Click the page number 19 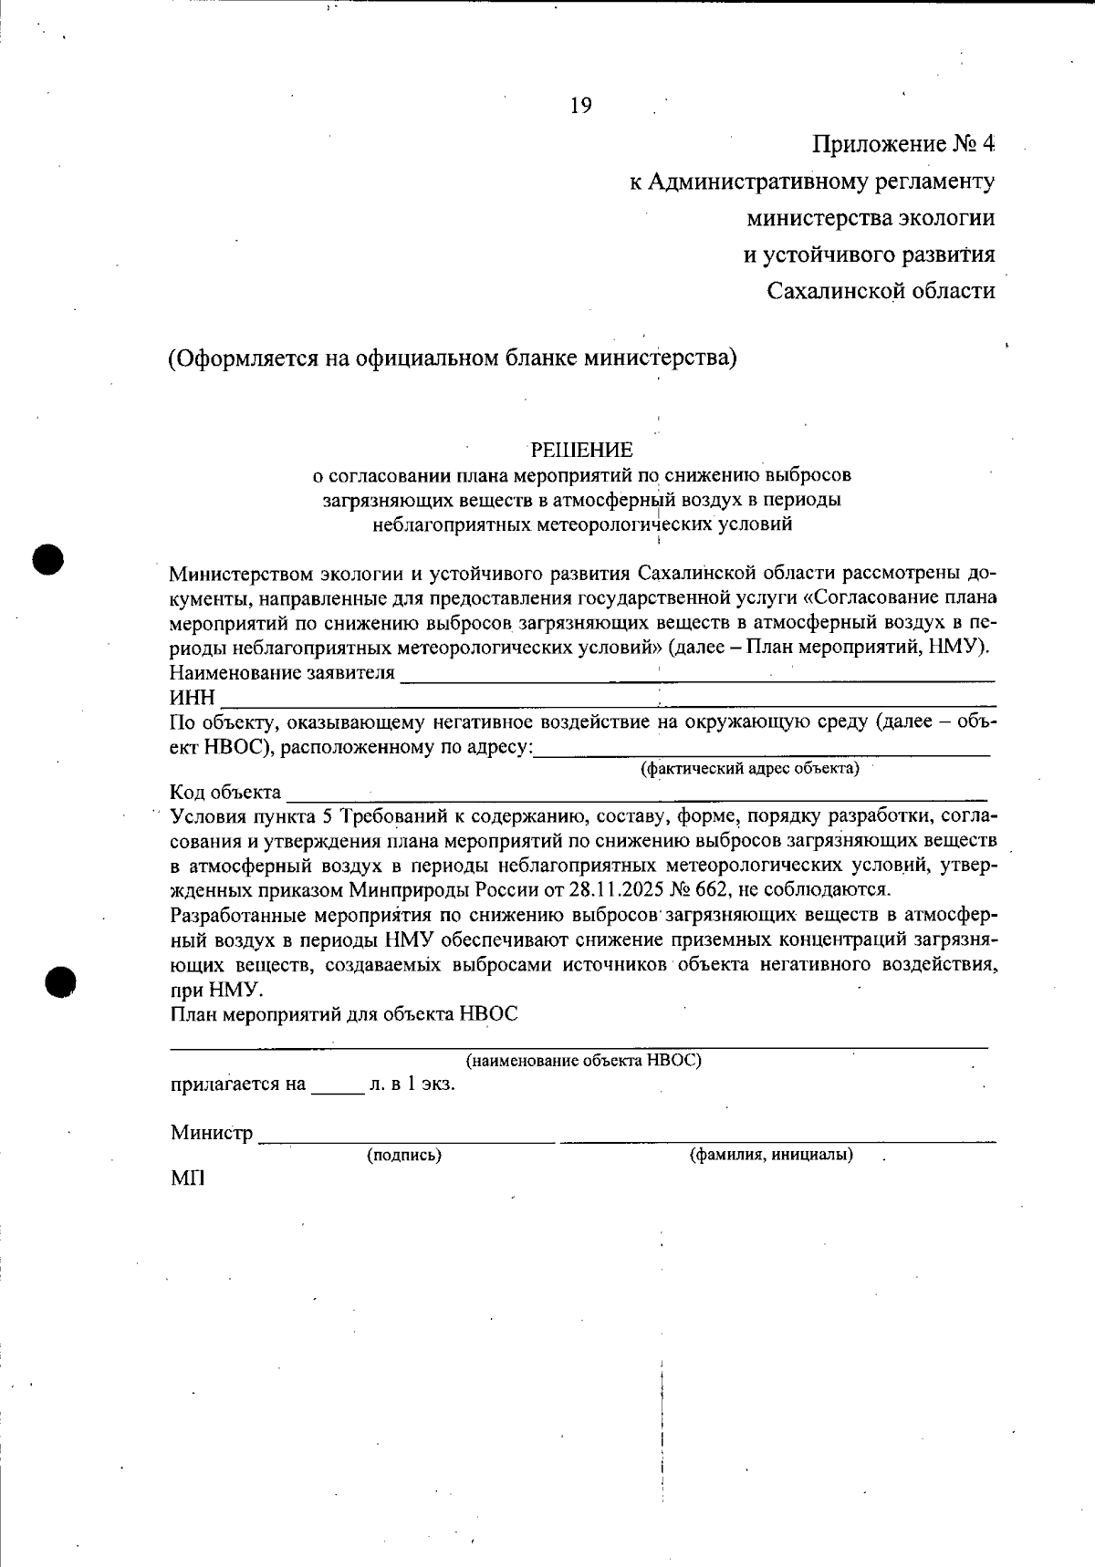tap(581, 106)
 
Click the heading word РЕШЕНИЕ tap(581, 450)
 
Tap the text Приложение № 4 tap(902, 144)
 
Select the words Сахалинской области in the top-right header tap(881, 291)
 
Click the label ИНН tap(192, 699)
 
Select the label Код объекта tap(225, 792)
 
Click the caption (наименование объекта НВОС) tap(584, 1061)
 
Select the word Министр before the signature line tap(211, 1133)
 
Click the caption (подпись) tap(404, 1155)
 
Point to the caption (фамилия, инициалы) tap(771, 1155)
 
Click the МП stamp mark tap(187, 1178)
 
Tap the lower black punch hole tap(61, 981)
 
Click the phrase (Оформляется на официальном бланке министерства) tap(452, 357)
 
